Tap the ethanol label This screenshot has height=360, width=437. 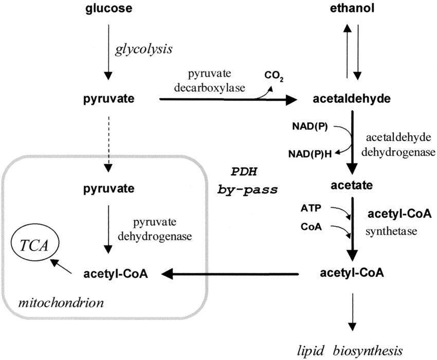click(352, 9)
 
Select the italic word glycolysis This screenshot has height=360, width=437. click(143, 50)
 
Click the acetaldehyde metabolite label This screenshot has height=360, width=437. click(352, 99)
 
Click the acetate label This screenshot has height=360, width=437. click(352, 184)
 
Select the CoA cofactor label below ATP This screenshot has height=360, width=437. click(310, 226)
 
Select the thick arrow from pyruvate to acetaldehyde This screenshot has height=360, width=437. click(226, 100)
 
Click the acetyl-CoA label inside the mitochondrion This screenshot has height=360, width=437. click(115, 274)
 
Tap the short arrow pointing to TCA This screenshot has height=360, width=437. click(61, 266)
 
